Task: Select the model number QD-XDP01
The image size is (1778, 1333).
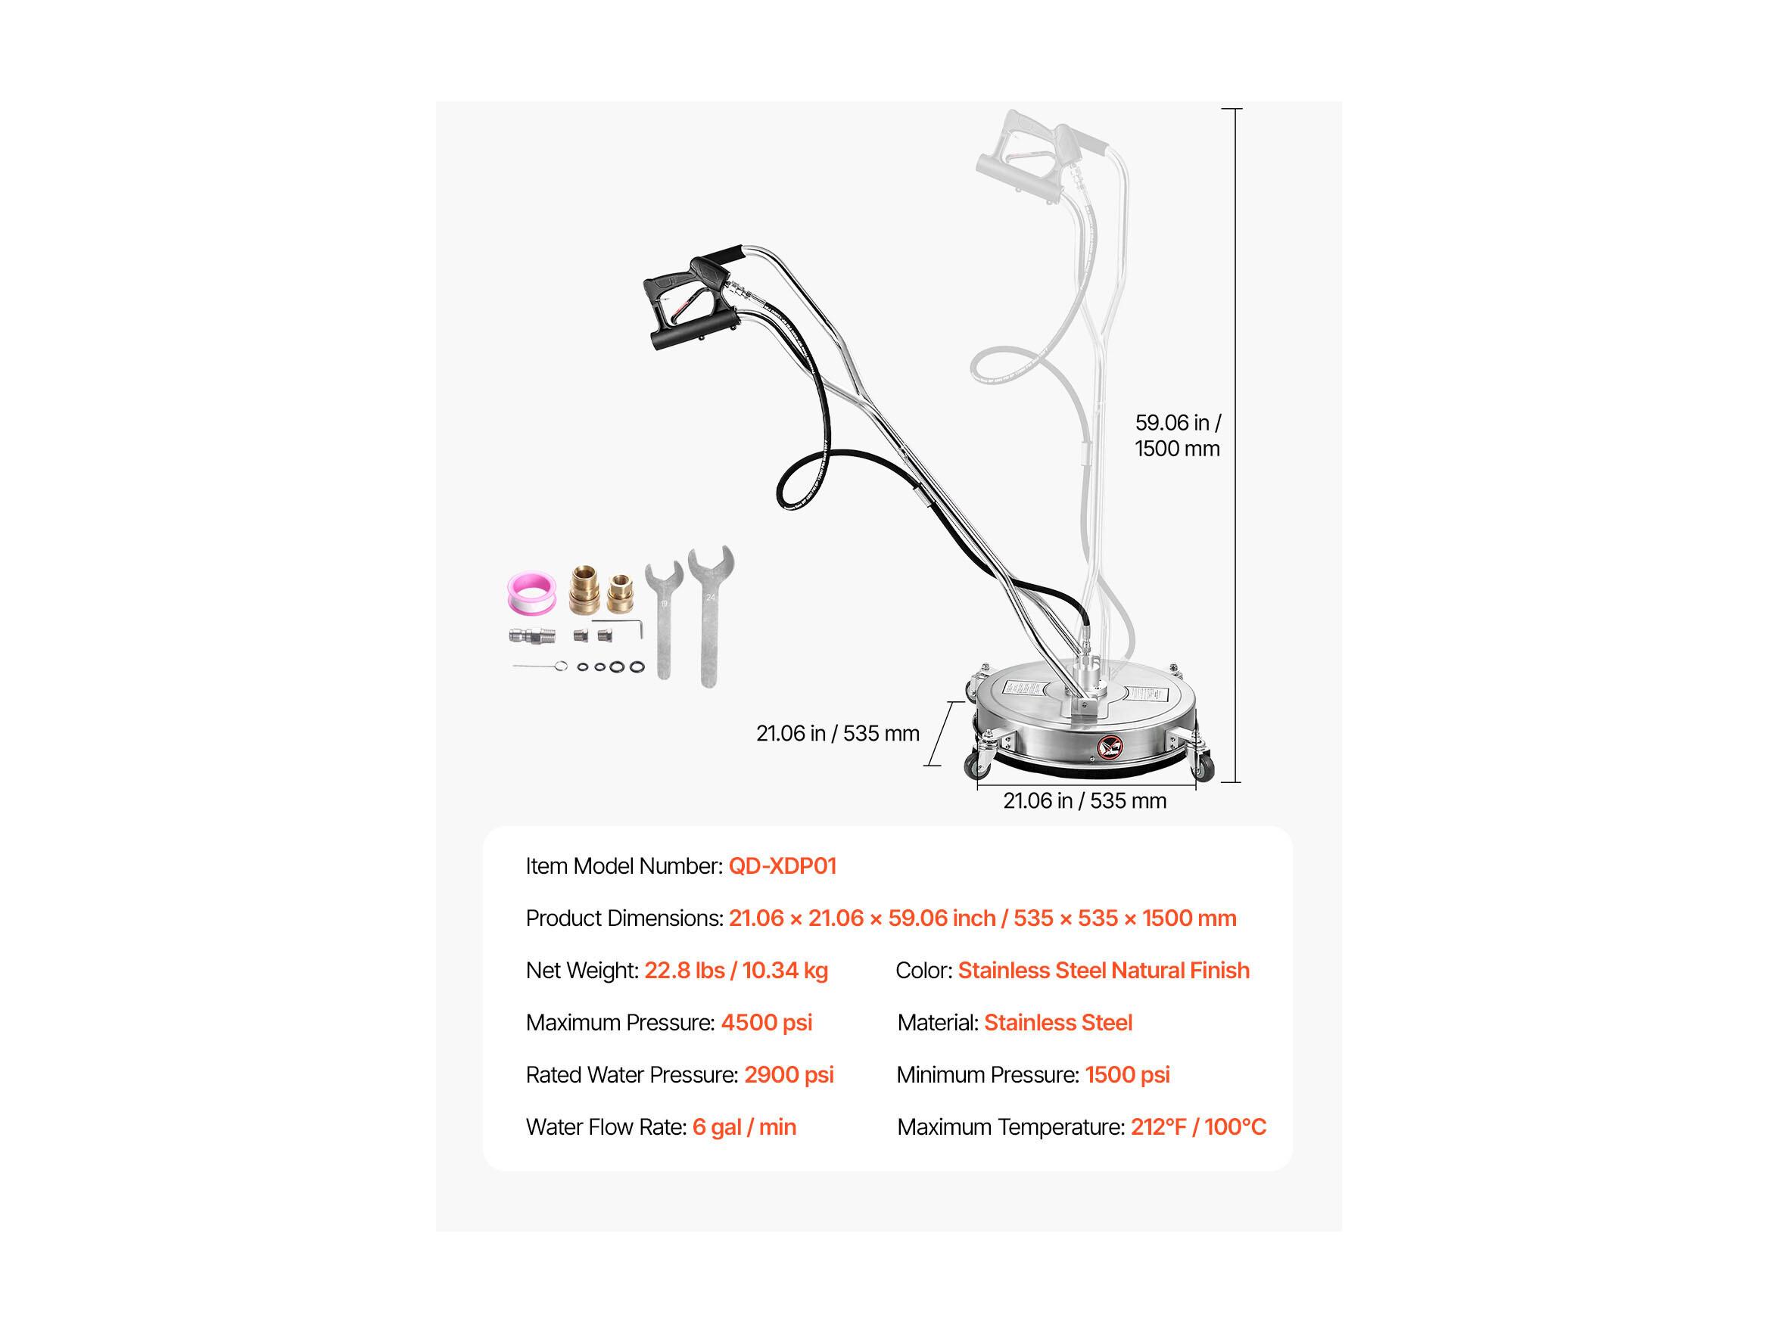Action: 782,866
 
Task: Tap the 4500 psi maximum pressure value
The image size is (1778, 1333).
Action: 766,1023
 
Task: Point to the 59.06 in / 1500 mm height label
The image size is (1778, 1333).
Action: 1178,436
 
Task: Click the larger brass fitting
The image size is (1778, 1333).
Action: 584,592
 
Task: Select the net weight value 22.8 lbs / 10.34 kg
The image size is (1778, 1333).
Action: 736,971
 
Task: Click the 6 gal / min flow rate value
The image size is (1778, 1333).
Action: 743,1127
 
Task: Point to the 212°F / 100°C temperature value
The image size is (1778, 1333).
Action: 1197,1127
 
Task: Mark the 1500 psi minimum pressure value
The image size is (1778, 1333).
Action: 1127,1075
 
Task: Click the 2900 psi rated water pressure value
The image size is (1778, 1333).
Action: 789,1075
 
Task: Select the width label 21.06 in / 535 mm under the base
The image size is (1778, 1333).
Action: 1085,801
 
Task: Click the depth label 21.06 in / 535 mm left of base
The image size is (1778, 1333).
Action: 838,734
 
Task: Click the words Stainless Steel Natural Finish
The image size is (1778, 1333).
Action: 1103,971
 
